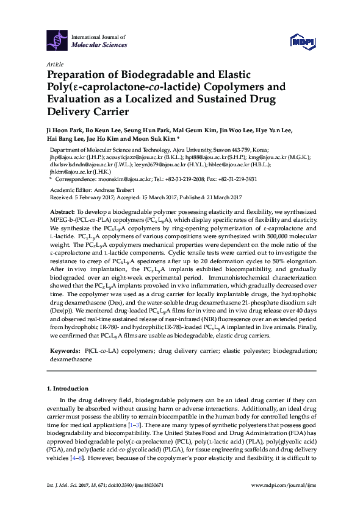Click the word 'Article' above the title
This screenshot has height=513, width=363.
tap(55, 64)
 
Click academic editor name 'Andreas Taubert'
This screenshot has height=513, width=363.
tap(115, 190)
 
